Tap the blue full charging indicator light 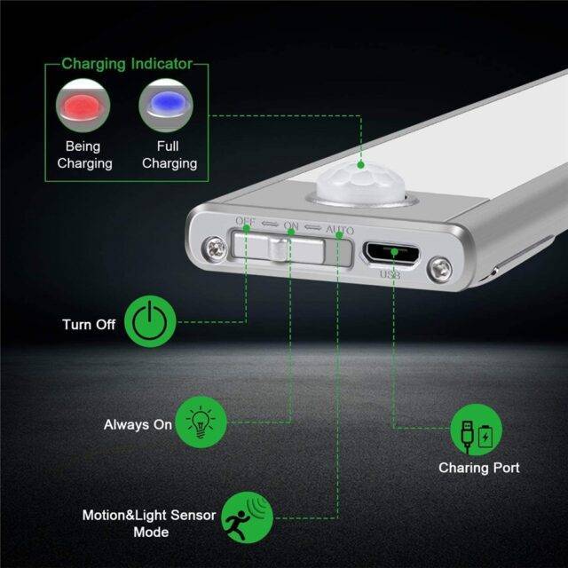(165, 105)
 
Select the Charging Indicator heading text (127, 65)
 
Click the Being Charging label (84, 154)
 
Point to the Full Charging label (169, 154)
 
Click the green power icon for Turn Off (146, 323)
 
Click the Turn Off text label (89, 324)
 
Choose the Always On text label (138, 424)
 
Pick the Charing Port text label (479, 467)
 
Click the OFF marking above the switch (246, 221)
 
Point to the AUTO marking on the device (340, 231)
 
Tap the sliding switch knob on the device (279, 248)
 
